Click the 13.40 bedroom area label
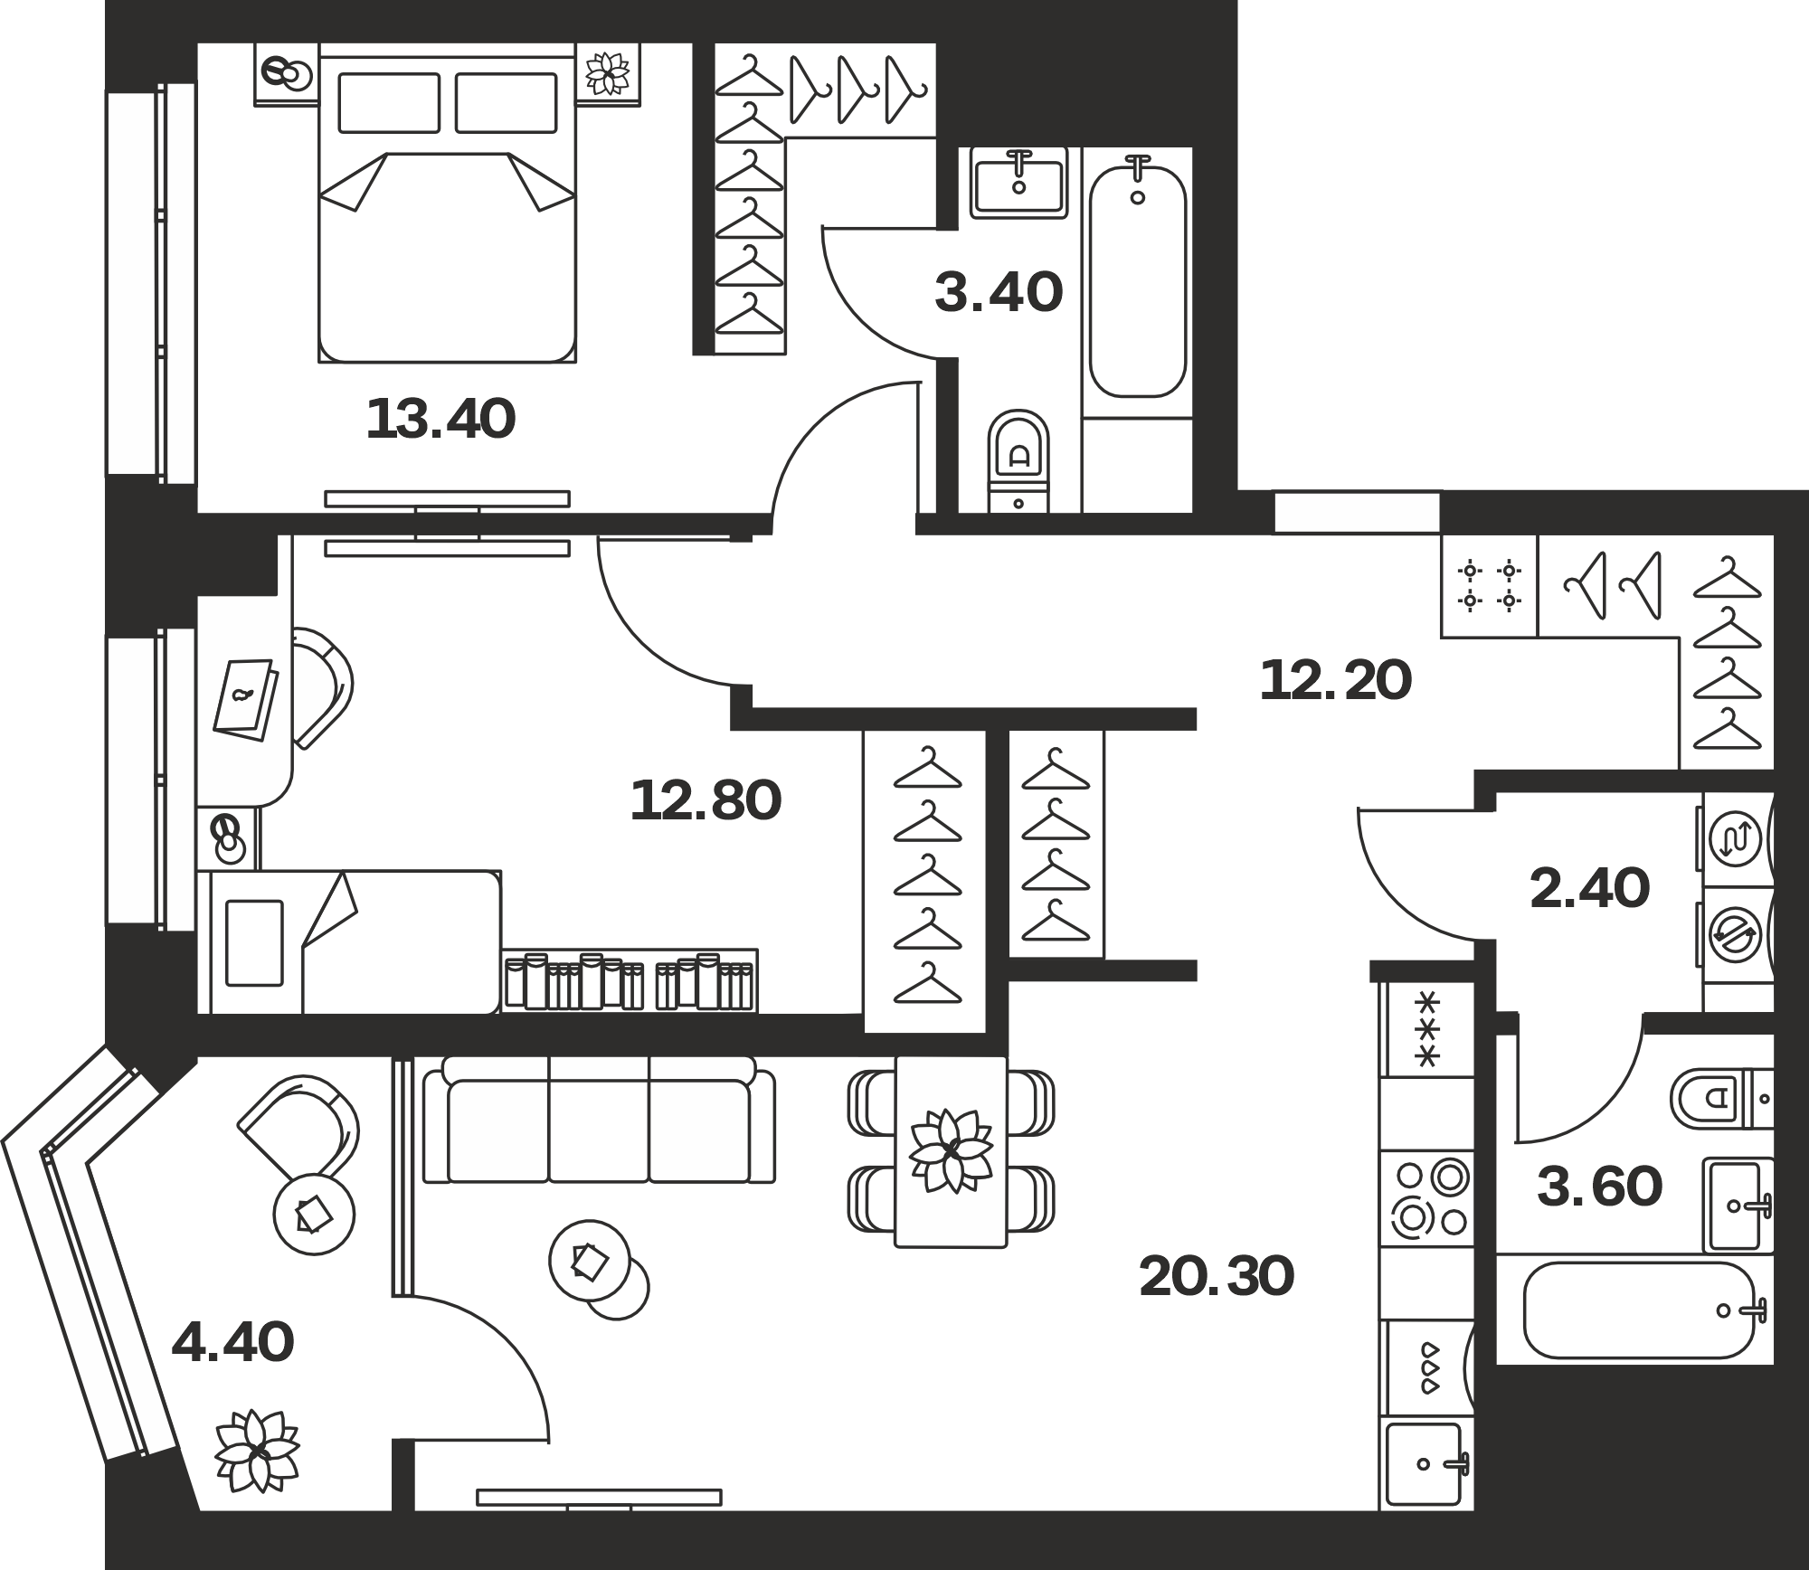pos(440,420)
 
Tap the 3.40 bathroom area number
pos(999,293)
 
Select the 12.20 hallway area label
pos(1335,680)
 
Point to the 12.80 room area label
pos(706,800)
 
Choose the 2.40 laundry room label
pos(1590,889)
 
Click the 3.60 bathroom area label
pos(1600,1187)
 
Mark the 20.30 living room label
pos(1217,1277)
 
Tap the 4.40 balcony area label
pos(232,1342)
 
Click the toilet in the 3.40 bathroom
pos(1018,461)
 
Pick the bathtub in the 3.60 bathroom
pos(1639,1310)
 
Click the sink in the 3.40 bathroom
pos(1019,183)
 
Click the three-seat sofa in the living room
pos(599,1120)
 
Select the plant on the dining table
pos(951,1151)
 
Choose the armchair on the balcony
pos(299,1124)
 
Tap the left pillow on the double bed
pos(389,103)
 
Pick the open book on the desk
pos(245,700)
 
